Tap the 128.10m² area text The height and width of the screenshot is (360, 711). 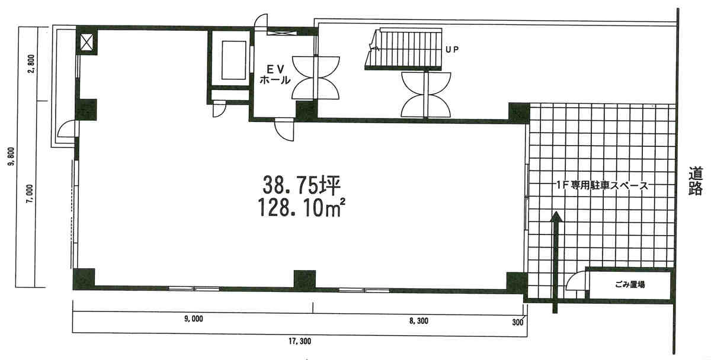pyautogui.click(x=301, y=207)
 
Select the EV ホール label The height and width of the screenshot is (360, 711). pyautogui.click(x=275, y=75)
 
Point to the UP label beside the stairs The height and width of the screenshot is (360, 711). pyautogui.click(x=452, y=50)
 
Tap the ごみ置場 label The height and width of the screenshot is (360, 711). pyautogui.click(x=630, y=285)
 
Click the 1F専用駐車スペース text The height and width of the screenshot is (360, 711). pyautogui.click(x=602, y=185)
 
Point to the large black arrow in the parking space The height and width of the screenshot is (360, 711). pyautogui.click(x=555, y=262)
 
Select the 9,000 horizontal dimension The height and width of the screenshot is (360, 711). pyautogui.click(x=193, y=319)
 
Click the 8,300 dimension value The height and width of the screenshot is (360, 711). pyautogui.click(x=419, y=321)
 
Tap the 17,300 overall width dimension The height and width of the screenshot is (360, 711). pyautogui.click(x=300, y=341)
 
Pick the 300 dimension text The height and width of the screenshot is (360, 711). pyautogui.click(x=517, y=322)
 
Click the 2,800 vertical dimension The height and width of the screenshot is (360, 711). pyautogui.click(x=31, y=64)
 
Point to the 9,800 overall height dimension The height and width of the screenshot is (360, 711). pyautogui.click(x=12, y=156)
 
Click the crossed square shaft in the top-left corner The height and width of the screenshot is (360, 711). pyautogui.click(x=87, y=42)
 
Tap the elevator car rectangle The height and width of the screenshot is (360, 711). pyautogui.click(x=234, y=60)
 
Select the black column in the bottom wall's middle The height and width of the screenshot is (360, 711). pyautogui.click(x=305, y=279)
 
